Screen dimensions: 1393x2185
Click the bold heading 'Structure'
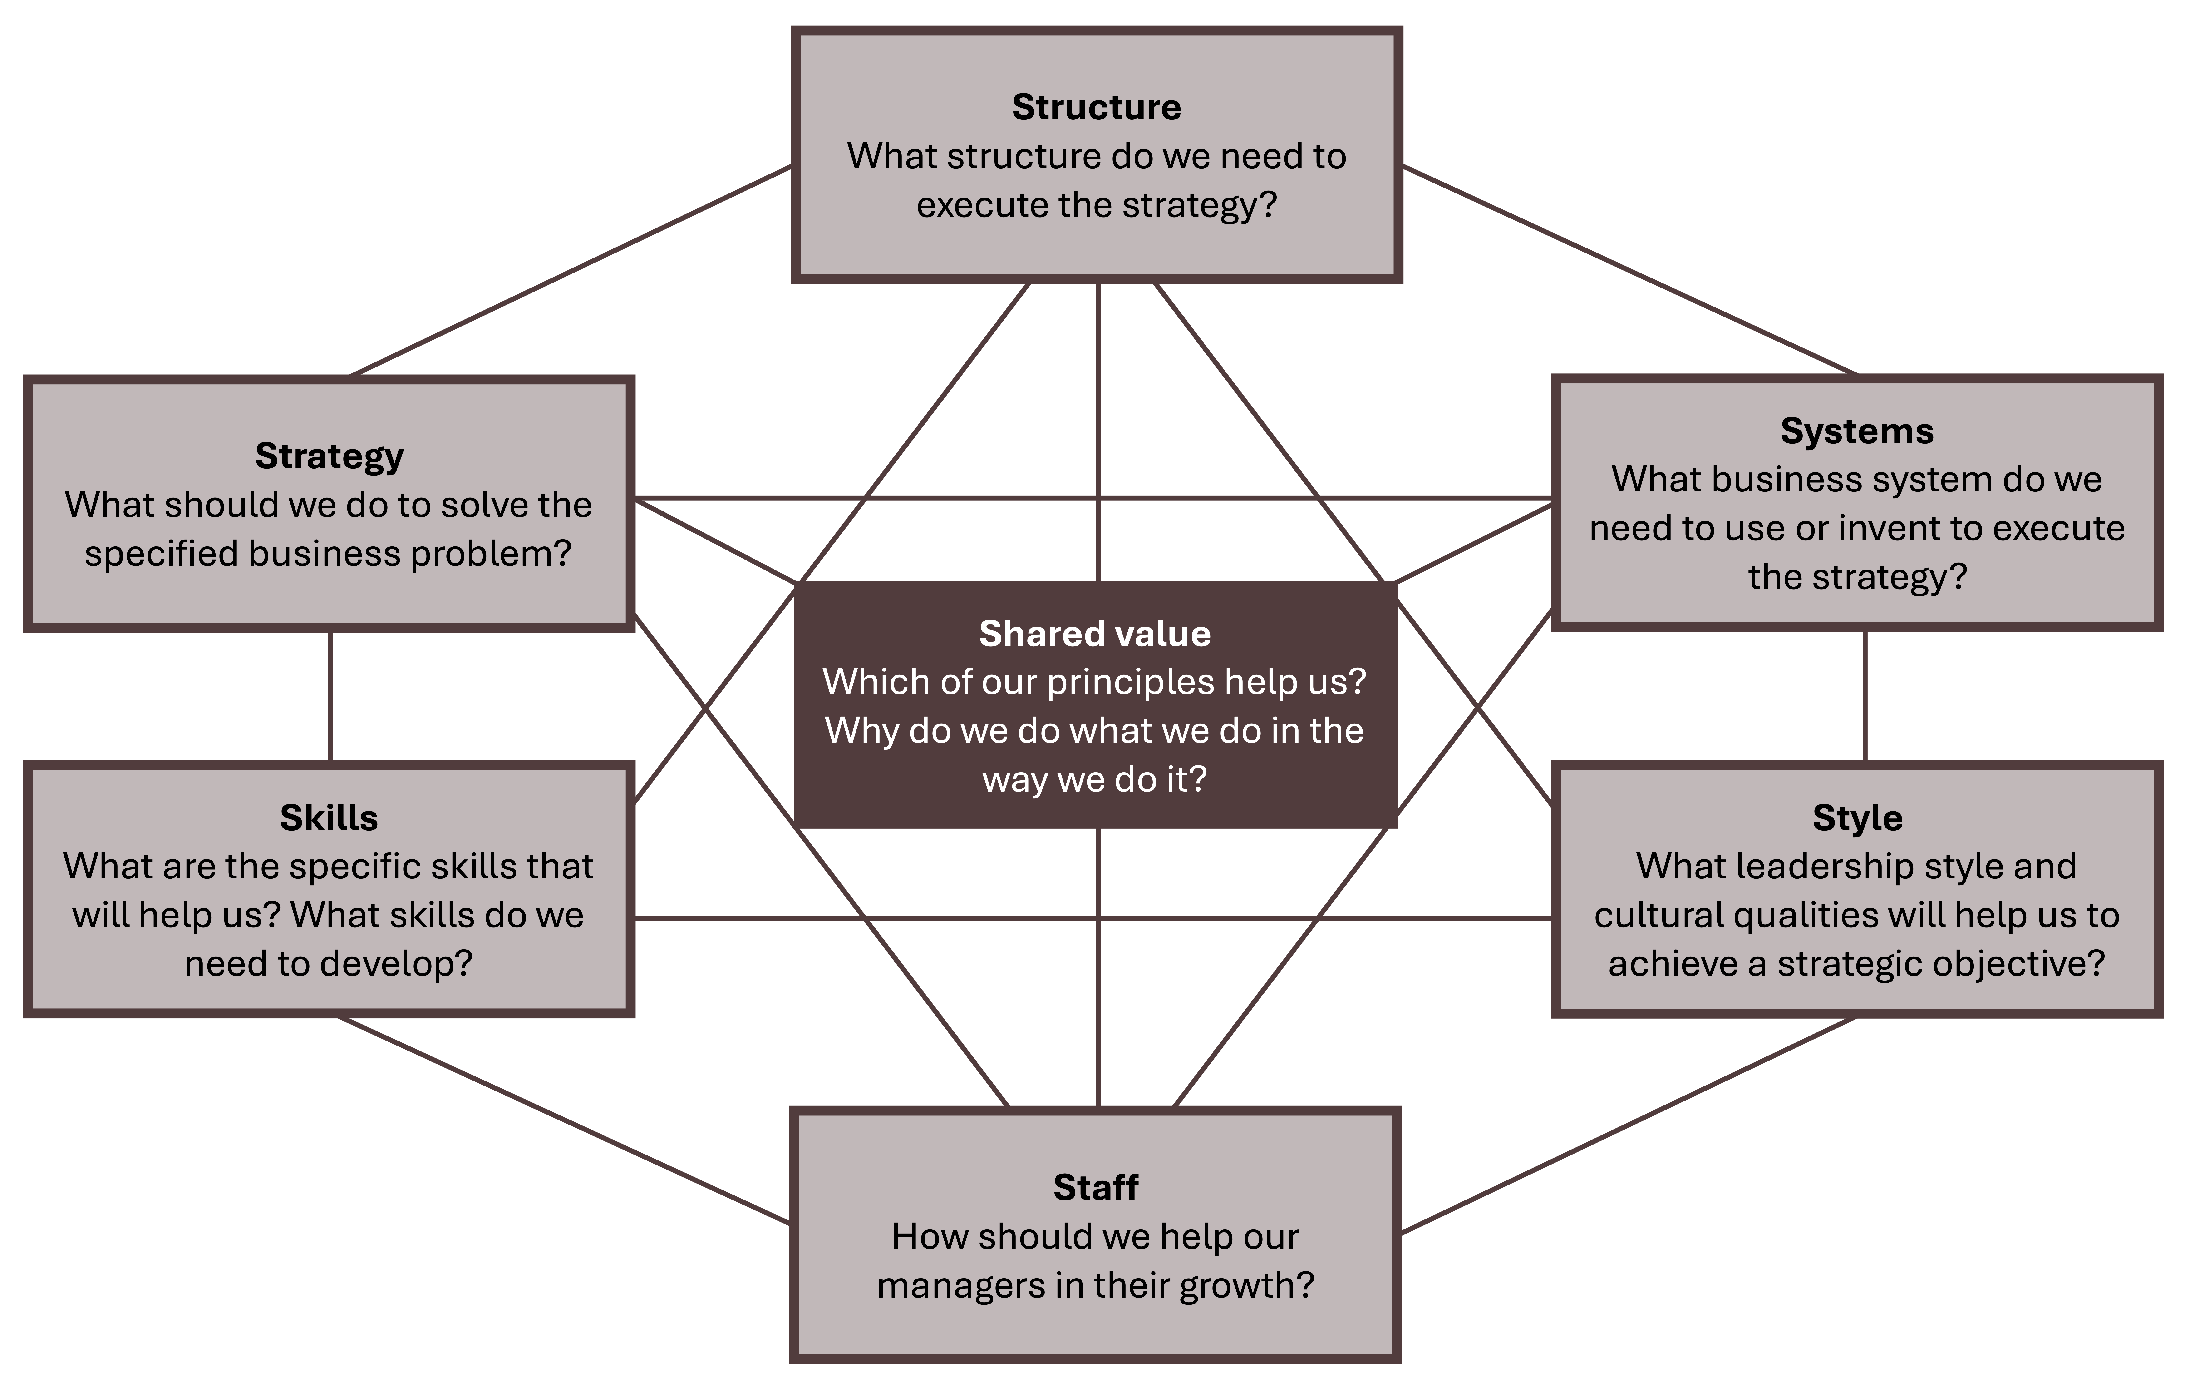[x=1096, y=107]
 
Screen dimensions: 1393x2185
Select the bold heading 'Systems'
[x=1856, y=431]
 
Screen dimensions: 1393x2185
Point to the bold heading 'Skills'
[x=329, y=818]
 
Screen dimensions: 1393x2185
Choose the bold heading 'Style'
[x=1856, y=818]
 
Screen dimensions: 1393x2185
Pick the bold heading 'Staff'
[x=1095, y=1187]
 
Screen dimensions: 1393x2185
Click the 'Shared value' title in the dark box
[x=1094, y=633]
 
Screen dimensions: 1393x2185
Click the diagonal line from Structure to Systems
[x=1629, y=269]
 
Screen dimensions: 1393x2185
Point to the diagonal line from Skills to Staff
[x=563, y=1121]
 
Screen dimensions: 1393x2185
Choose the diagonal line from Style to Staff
[x=1629, y=1125]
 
